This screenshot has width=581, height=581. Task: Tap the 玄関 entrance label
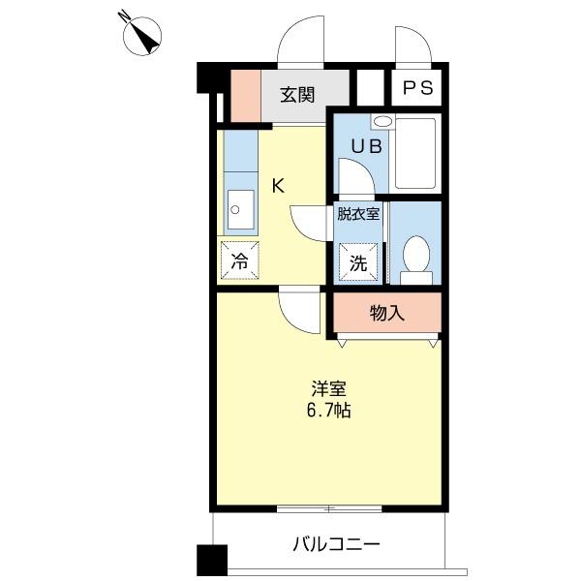point(297,94)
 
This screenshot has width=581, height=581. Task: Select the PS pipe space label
point(417,87)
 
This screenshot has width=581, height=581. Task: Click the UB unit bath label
point(365,146)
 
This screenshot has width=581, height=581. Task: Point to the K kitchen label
point(277,186)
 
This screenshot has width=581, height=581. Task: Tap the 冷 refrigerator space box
point(239,260)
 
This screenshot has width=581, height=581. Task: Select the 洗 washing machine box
point(357,261)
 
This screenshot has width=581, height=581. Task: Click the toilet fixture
point(417,259)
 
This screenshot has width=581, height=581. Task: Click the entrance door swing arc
point(300,44)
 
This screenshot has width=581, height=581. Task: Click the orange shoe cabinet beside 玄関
point(245,96)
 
